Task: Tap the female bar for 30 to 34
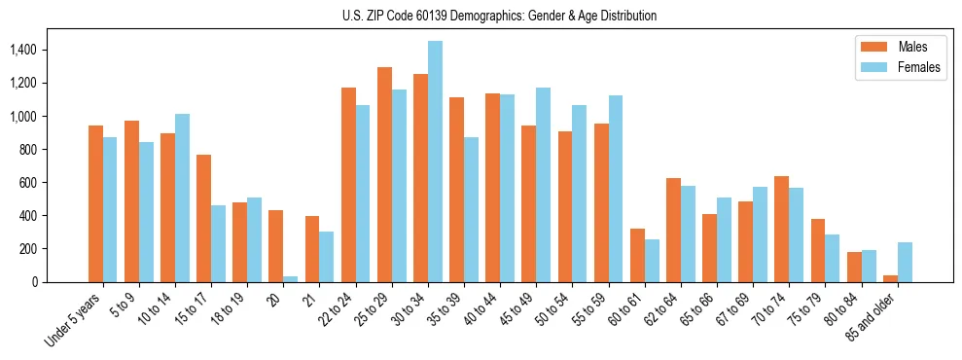(435, 162)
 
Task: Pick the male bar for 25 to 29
(384, 175)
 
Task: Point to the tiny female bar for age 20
(291, 279)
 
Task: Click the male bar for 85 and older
(890, 278)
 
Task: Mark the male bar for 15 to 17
(203, 218)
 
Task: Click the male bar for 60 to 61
(637, 255)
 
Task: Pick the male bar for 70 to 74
(782, 229)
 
